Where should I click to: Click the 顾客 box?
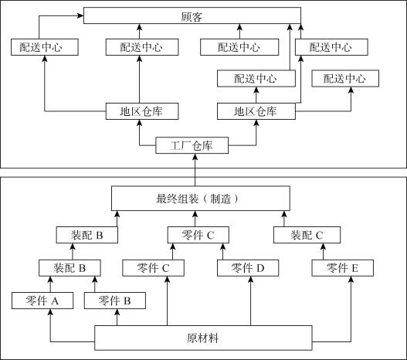click(x=192, y=15)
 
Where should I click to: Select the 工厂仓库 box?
click(x=192, y=145)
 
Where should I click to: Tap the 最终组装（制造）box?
click(x=201, y=199)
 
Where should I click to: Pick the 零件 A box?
click(x=42, y=301)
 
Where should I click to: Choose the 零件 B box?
click(x=115, y=301)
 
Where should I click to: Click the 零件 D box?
click(x=248, y=268)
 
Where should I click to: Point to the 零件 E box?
click(x=343, y=268)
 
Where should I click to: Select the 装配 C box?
click(x=307, y=235)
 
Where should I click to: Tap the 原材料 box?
click(x=203, y=338)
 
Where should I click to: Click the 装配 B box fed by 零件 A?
click(x=70, y=268)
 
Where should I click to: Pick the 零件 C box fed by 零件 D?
click(x=198, y=235)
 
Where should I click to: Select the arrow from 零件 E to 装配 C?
click(x=323, y=252)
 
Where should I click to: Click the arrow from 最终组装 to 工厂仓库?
click(x=195, y=170)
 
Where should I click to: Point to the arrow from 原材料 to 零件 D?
click(x=250, y=301)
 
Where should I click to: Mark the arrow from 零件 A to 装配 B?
click(x=50, y=284)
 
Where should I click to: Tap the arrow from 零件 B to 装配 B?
click(x=95, y=284)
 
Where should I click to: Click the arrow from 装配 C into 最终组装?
click(x=284, y=219)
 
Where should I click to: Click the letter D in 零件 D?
click(x=260, y=268)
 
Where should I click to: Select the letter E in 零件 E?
click(x=354, y=268)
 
